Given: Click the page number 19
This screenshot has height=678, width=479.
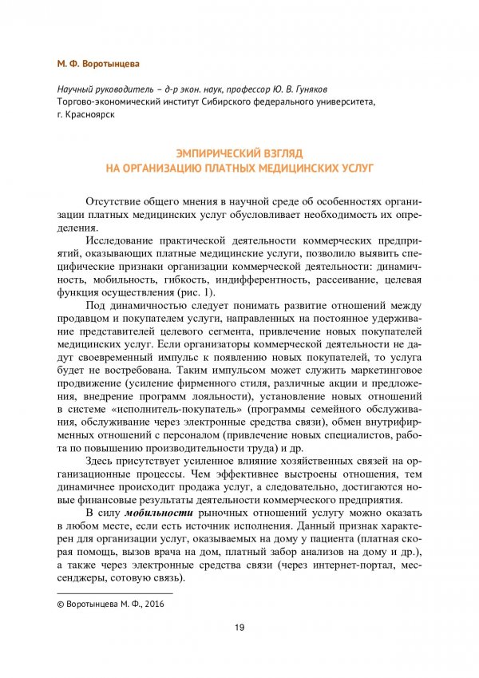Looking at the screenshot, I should tap(239, 626).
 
